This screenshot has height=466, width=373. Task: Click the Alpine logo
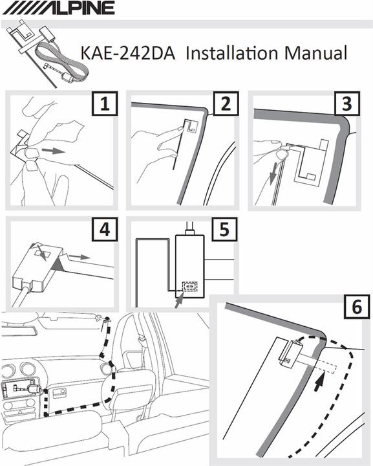59,8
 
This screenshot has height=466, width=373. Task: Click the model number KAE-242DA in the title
127,54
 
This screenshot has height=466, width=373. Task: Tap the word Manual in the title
315,53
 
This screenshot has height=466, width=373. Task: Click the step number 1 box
105,104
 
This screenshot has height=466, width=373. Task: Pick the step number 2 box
226,104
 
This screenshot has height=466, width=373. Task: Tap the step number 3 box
347,104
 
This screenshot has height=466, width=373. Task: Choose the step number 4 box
105,229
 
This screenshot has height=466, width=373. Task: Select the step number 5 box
224,229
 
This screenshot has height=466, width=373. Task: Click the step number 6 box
357,307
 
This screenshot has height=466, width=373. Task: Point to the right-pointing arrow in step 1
54,151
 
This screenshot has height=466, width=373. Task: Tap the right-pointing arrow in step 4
80,256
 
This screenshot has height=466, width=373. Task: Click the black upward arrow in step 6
319,382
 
